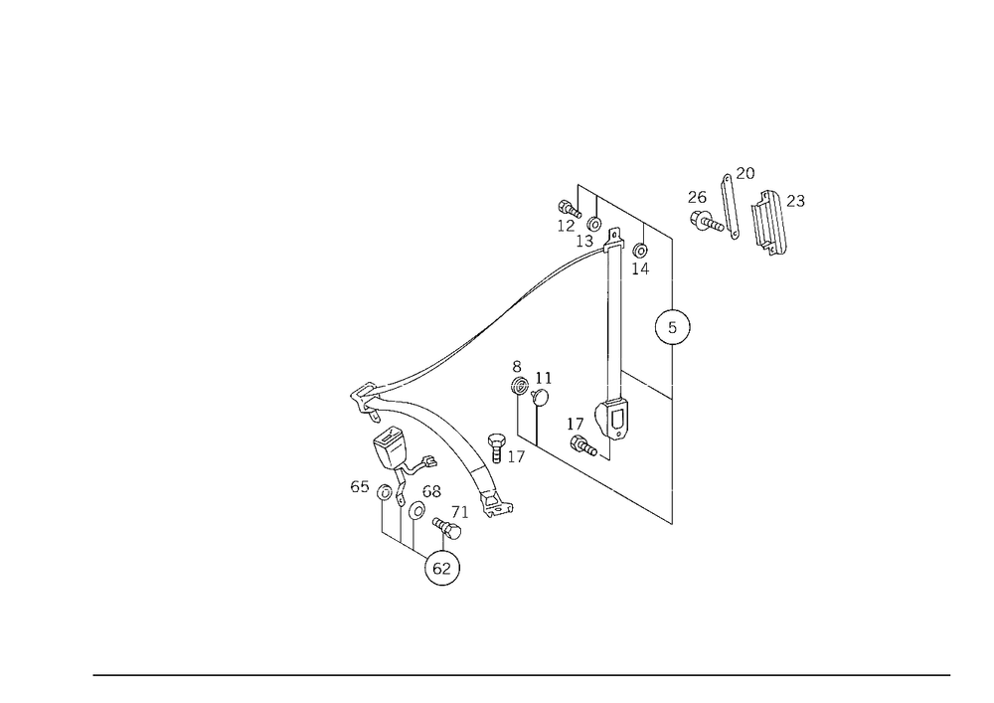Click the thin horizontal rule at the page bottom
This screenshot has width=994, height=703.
522,674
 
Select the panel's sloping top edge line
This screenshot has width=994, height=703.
626,211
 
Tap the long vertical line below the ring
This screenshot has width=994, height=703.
675,438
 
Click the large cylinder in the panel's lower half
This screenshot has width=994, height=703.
611,418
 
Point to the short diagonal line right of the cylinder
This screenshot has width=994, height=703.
646,387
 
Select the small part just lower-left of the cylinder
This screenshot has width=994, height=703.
581,438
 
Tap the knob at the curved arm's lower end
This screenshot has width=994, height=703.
497,507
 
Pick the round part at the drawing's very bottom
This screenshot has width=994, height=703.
441,569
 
